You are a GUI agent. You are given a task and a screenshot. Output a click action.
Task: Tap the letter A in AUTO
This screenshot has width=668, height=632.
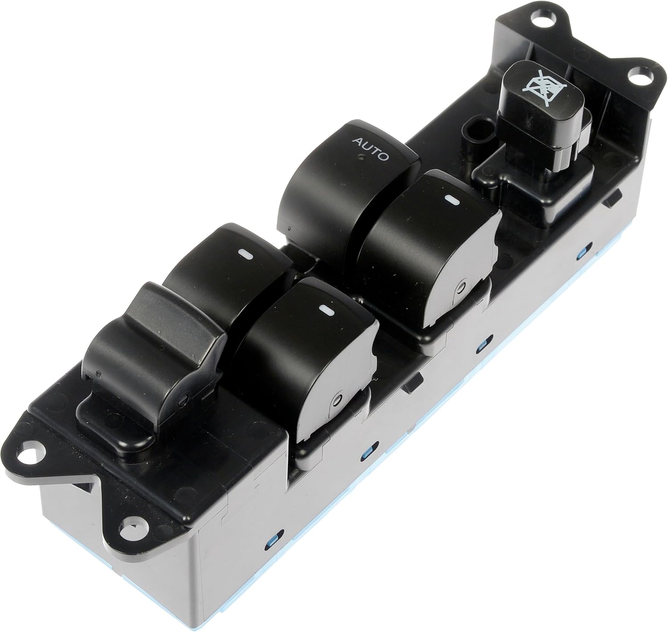click(356, 141)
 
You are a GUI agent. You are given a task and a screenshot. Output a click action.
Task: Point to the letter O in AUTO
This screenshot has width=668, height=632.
click(384, 156)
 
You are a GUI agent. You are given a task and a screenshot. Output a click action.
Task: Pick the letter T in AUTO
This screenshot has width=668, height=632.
click(375, 151)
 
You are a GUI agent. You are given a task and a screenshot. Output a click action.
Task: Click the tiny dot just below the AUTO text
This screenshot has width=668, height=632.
click(361, 157)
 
